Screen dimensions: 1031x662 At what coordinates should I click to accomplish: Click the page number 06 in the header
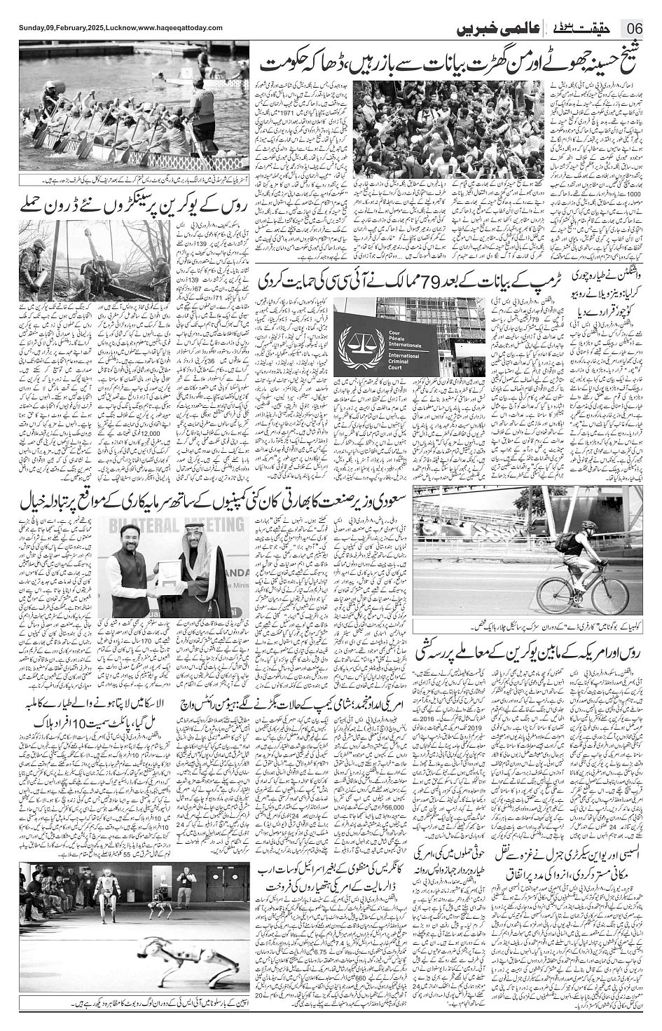coord(634,28)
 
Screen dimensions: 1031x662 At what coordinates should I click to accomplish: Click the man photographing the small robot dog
coord(185,887)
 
